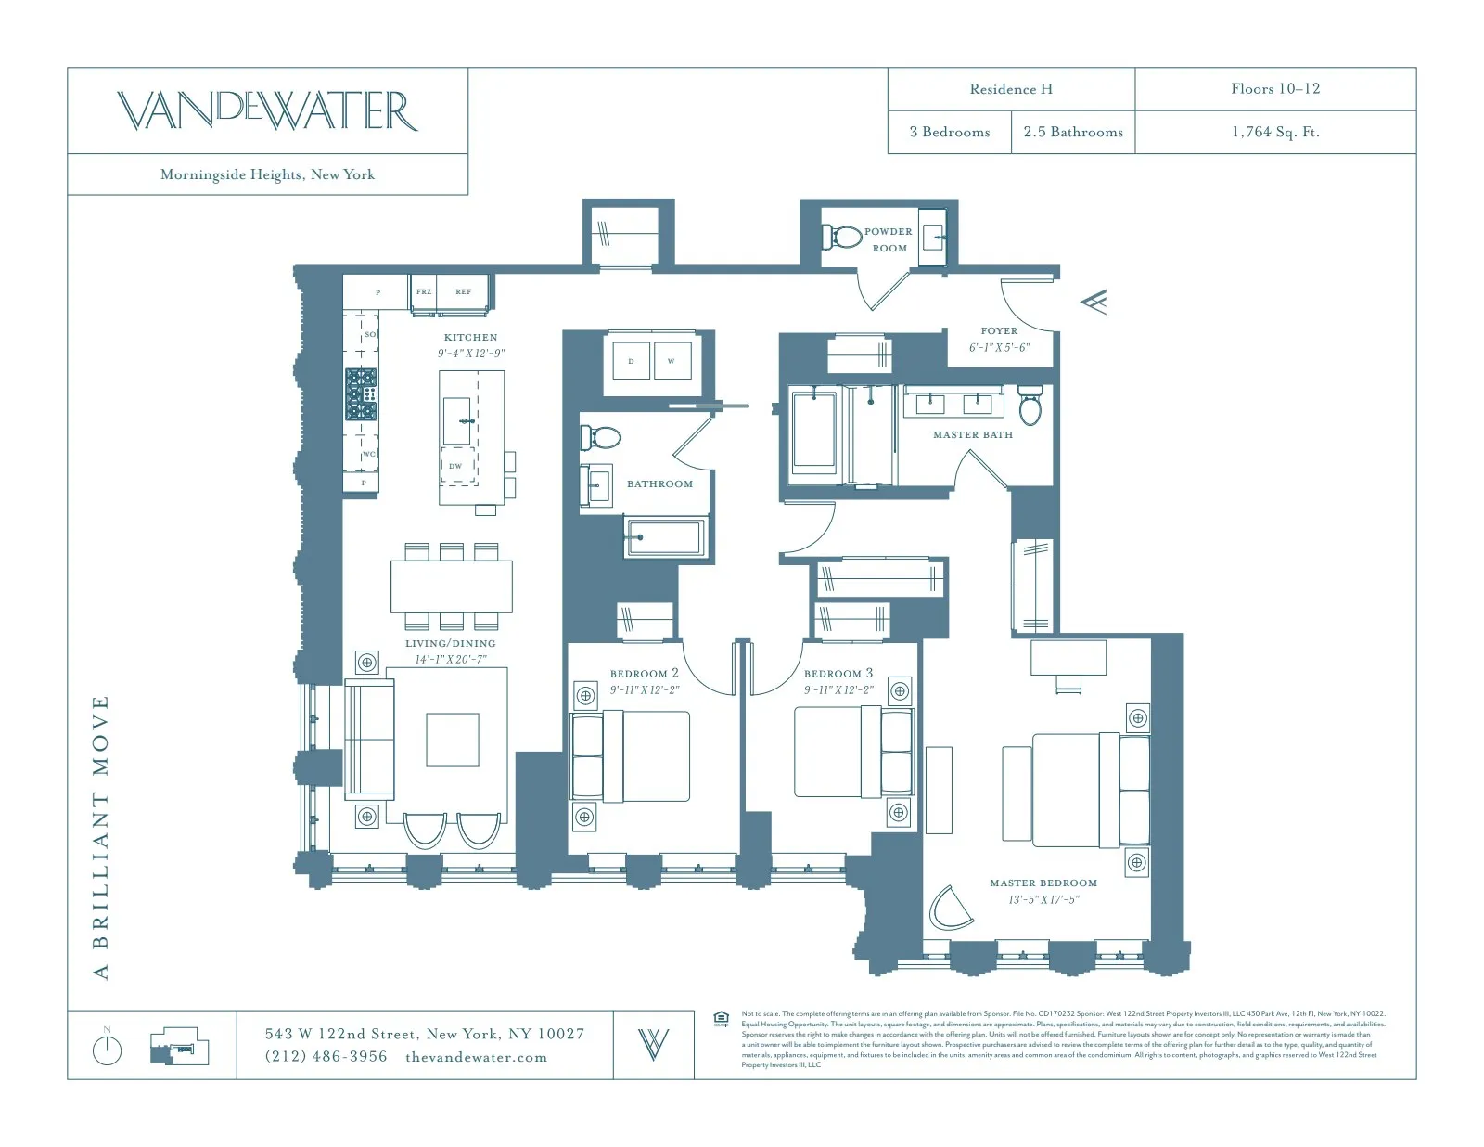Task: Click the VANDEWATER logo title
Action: point(267,110)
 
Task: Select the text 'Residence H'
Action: point(1010,89)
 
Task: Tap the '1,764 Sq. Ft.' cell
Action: point(1275,132)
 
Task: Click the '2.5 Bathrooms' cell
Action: point(1073,132)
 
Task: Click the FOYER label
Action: point(999,330)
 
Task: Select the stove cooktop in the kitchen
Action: point(362,394)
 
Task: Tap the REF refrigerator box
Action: point(463,292)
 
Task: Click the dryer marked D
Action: point(631,361)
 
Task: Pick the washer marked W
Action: point(671,361)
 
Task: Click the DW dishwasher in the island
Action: point(456,466)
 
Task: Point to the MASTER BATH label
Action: point(972,434)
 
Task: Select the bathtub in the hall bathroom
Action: point(663,537)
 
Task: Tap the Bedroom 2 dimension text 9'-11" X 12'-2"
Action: point(645,689)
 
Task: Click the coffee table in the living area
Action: point(453,740)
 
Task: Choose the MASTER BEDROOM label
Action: point(1043,883)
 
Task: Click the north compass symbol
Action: point(108,1049)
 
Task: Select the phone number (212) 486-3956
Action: point(326,1056)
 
